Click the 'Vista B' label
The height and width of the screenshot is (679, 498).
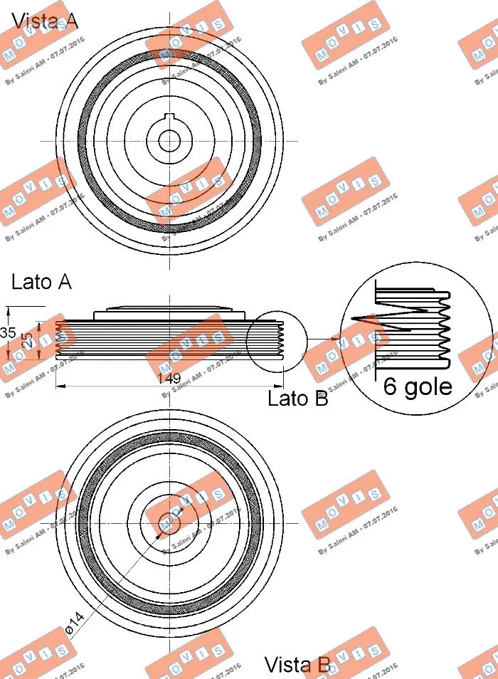297,665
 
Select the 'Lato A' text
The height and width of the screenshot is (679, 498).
41,282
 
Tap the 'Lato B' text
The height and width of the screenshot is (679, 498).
297,399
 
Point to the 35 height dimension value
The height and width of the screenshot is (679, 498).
8,333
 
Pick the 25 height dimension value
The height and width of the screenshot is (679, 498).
26,339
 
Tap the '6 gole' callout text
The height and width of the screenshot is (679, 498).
418,386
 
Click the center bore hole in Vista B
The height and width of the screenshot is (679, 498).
169,521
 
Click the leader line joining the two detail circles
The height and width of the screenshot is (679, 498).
324,339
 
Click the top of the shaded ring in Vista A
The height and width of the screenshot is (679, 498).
169,54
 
